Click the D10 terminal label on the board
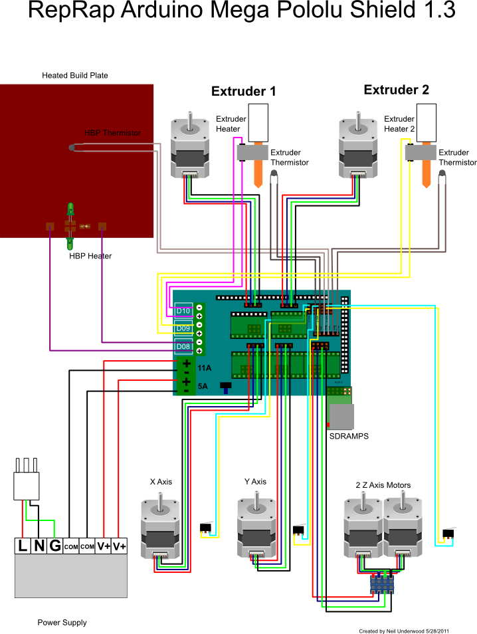point(183,310)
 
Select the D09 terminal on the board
point(183,328)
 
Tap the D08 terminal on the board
point(183,346)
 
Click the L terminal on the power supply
point(23,546)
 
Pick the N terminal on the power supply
point(39,546)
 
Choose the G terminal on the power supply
point(54,546)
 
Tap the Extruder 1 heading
point(243,91)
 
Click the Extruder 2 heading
point(397,90)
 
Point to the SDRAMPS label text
point(349,437)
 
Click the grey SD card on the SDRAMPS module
point(341,416)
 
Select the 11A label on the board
point(205,367)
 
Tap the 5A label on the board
point(203,385)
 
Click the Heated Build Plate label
point(75,75)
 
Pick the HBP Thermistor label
point(112,133)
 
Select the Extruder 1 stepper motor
point(191,148)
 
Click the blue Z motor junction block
point(382,584)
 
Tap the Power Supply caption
point(62,623)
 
